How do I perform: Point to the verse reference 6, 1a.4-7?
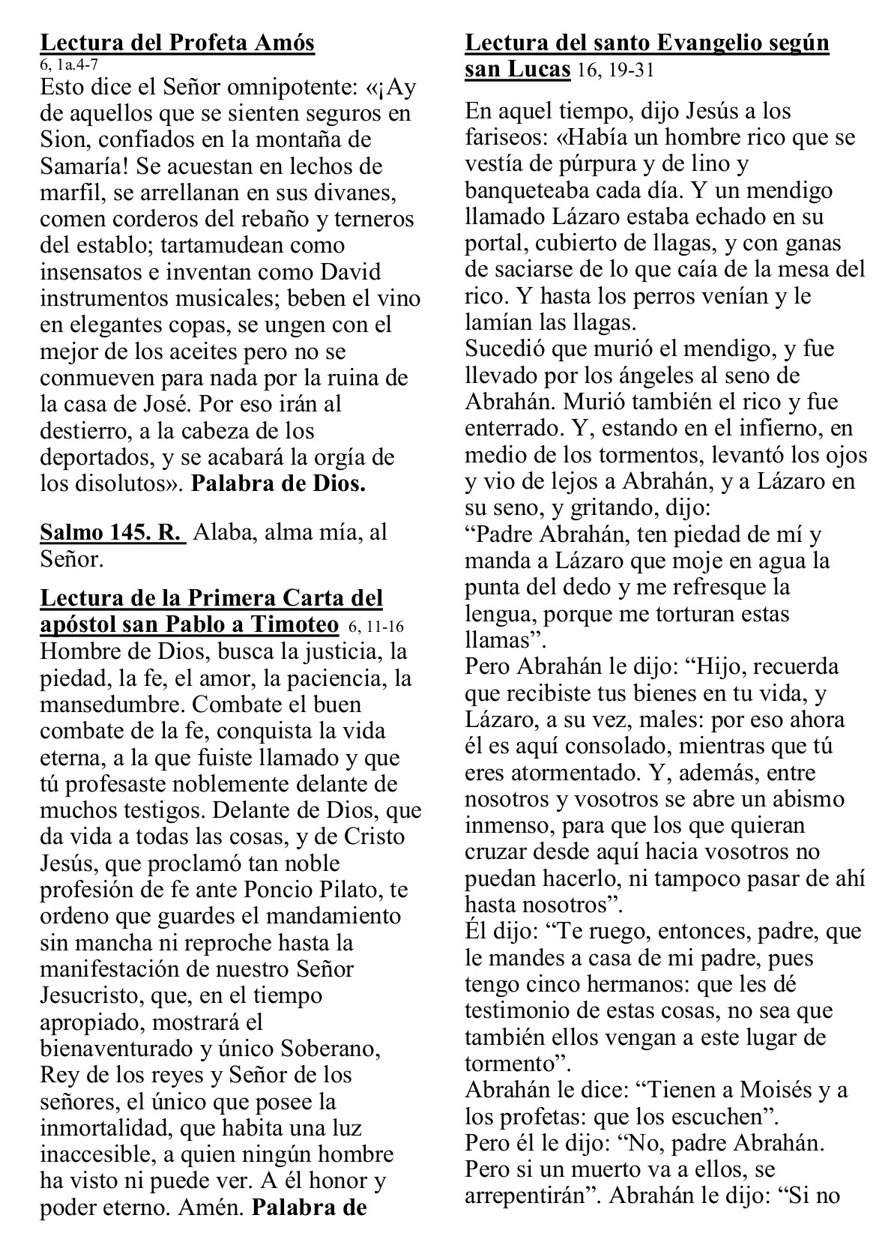pos(69,65)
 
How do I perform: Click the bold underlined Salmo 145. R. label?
pos(112,532)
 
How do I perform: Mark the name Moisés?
pos(779,1089)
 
